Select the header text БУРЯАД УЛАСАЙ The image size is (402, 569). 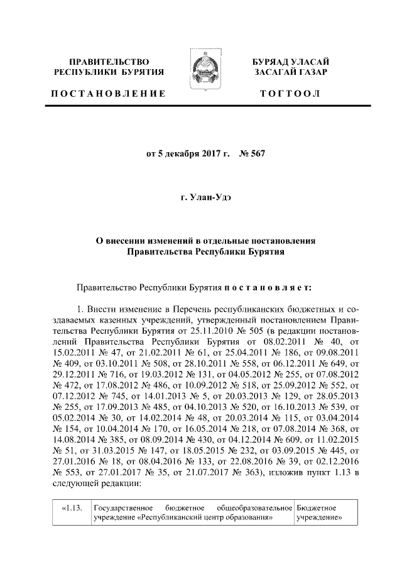point(291,62)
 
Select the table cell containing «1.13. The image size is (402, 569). point(72,507)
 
